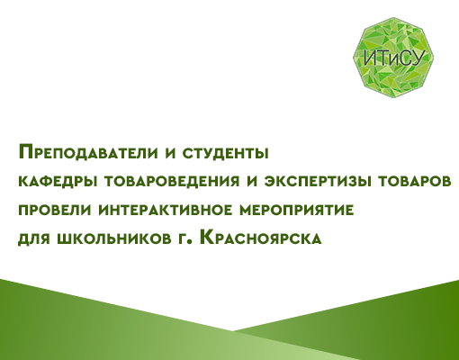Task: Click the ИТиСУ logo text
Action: (395, 58)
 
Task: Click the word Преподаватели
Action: (88, 152)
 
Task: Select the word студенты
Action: (225, 154)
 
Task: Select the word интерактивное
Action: (166, 210)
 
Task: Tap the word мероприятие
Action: (297, 210)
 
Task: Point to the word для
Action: (34, 238)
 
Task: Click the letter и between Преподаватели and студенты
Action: (170, 153)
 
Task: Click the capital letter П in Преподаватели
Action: (25, 152)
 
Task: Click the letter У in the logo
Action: (419, 58)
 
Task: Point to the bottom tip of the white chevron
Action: (232, 331)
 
